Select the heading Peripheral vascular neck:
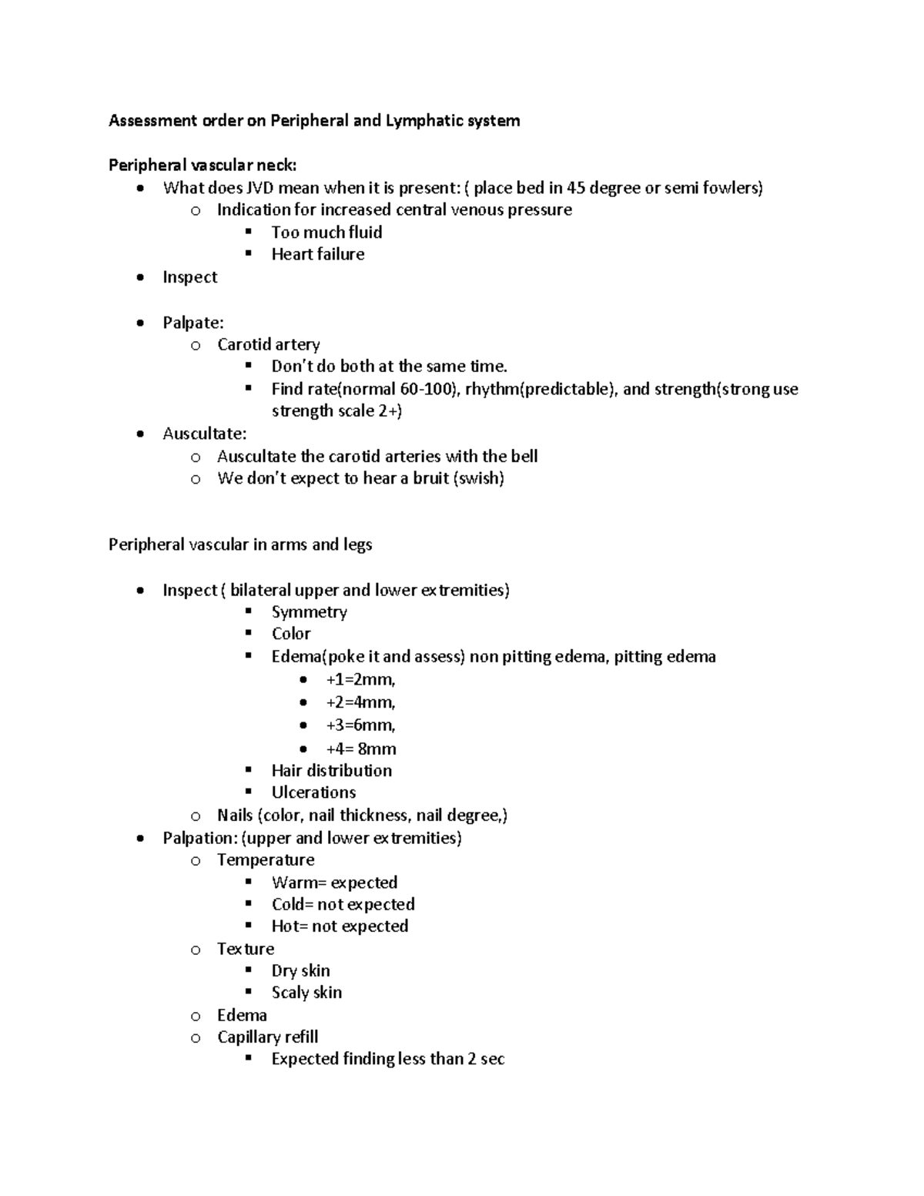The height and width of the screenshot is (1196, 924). pos(202,165)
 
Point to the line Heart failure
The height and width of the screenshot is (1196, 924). pos(317,254)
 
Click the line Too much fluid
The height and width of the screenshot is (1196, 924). pos(326,232)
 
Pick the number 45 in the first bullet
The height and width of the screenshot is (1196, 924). pos(576,188)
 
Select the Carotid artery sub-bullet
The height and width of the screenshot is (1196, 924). pos(268,344)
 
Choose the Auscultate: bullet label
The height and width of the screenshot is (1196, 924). pos(204,434)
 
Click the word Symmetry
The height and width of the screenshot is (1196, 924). pos(309,611)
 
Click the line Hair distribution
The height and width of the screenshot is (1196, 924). pos(331,770)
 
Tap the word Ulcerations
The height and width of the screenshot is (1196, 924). pos(313,792)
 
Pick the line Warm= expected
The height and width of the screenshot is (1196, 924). pos(334,883)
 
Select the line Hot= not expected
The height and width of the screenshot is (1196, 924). pos(340,926)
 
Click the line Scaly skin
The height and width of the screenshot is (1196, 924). pos(306,993)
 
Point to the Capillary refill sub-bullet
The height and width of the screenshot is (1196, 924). pos(267,1037)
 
